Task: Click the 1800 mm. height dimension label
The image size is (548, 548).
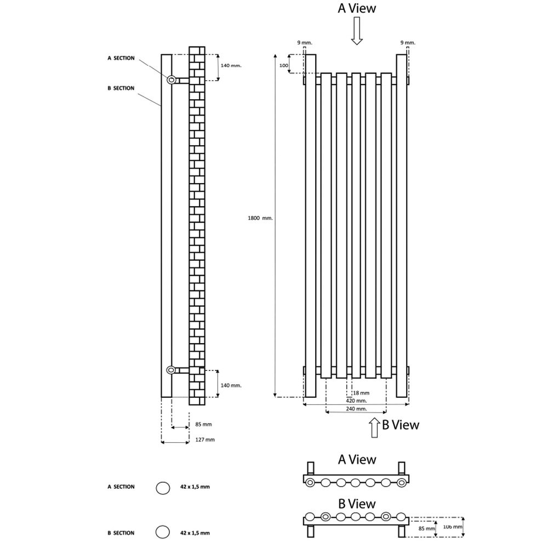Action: coord(260,218)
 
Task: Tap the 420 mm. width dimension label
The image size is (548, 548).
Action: coord(357,401)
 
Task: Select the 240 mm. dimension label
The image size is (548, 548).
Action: coord(357,409)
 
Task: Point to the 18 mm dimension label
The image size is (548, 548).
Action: coord(361,393)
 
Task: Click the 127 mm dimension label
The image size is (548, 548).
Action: coord(205,439)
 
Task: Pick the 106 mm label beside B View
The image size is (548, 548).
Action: coord(453,527)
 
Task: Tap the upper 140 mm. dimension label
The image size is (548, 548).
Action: coord(231,65)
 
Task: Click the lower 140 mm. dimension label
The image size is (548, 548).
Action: coord(231,385)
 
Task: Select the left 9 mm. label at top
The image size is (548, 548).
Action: coord(305,43)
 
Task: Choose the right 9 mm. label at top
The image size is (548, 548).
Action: coord(408,43)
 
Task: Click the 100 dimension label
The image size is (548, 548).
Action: coord(284,65)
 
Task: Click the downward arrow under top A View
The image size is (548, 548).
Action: coord(357,31)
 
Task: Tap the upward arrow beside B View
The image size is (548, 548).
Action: coord(374,427)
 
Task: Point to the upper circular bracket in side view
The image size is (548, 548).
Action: coord(171,80)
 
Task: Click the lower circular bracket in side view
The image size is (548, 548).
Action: coord(171,370)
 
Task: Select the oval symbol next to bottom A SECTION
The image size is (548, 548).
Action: coord(163,488)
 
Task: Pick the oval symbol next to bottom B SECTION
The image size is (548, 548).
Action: coord(163,532)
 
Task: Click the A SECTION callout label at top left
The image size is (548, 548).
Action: coord(121,58)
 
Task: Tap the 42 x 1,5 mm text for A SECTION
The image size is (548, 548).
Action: coord(195,487)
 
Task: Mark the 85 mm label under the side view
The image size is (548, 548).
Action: coord(203,424)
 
